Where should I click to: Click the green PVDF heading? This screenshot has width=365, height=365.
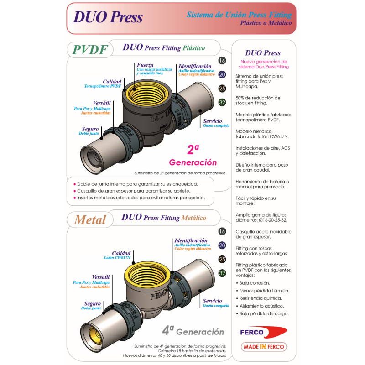90,50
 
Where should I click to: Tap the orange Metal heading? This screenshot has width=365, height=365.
90,220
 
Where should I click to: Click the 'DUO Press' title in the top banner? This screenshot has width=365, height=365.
108,17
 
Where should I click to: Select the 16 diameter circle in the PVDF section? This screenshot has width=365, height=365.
222,61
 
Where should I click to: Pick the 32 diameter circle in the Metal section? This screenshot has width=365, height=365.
222,273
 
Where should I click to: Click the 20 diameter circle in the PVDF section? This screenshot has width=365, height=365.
222,74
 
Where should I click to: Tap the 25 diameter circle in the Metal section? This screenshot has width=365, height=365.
222,259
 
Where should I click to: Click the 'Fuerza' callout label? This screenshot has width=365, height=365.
145,65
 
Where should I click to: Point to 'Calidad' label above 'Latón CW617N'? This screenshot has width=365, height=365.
121,253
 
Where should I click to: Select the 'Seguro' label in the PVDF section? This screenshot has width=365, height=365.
90,129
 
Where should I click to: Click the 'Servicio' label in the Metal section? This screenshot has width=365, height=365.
212,301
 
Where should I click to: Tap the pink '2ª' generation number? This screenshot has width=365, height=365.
193,150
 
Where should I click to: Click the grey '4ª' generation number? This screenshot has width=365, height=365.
168,330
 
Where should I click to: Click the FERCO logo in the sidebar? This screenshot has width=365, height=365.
264,332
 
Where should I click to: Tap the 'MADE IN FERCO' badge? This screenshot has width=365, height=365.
264,347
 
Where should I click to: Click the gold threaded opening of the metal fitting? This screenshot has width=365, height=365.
147,274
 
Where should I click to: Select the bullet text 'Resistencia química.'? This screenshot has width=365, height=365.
261,298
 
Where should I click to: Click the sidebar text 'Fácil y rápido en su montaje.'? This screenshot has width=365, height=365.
255,201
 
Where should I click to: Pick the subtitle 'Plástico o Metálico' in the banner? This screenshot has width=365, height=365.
266,23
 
